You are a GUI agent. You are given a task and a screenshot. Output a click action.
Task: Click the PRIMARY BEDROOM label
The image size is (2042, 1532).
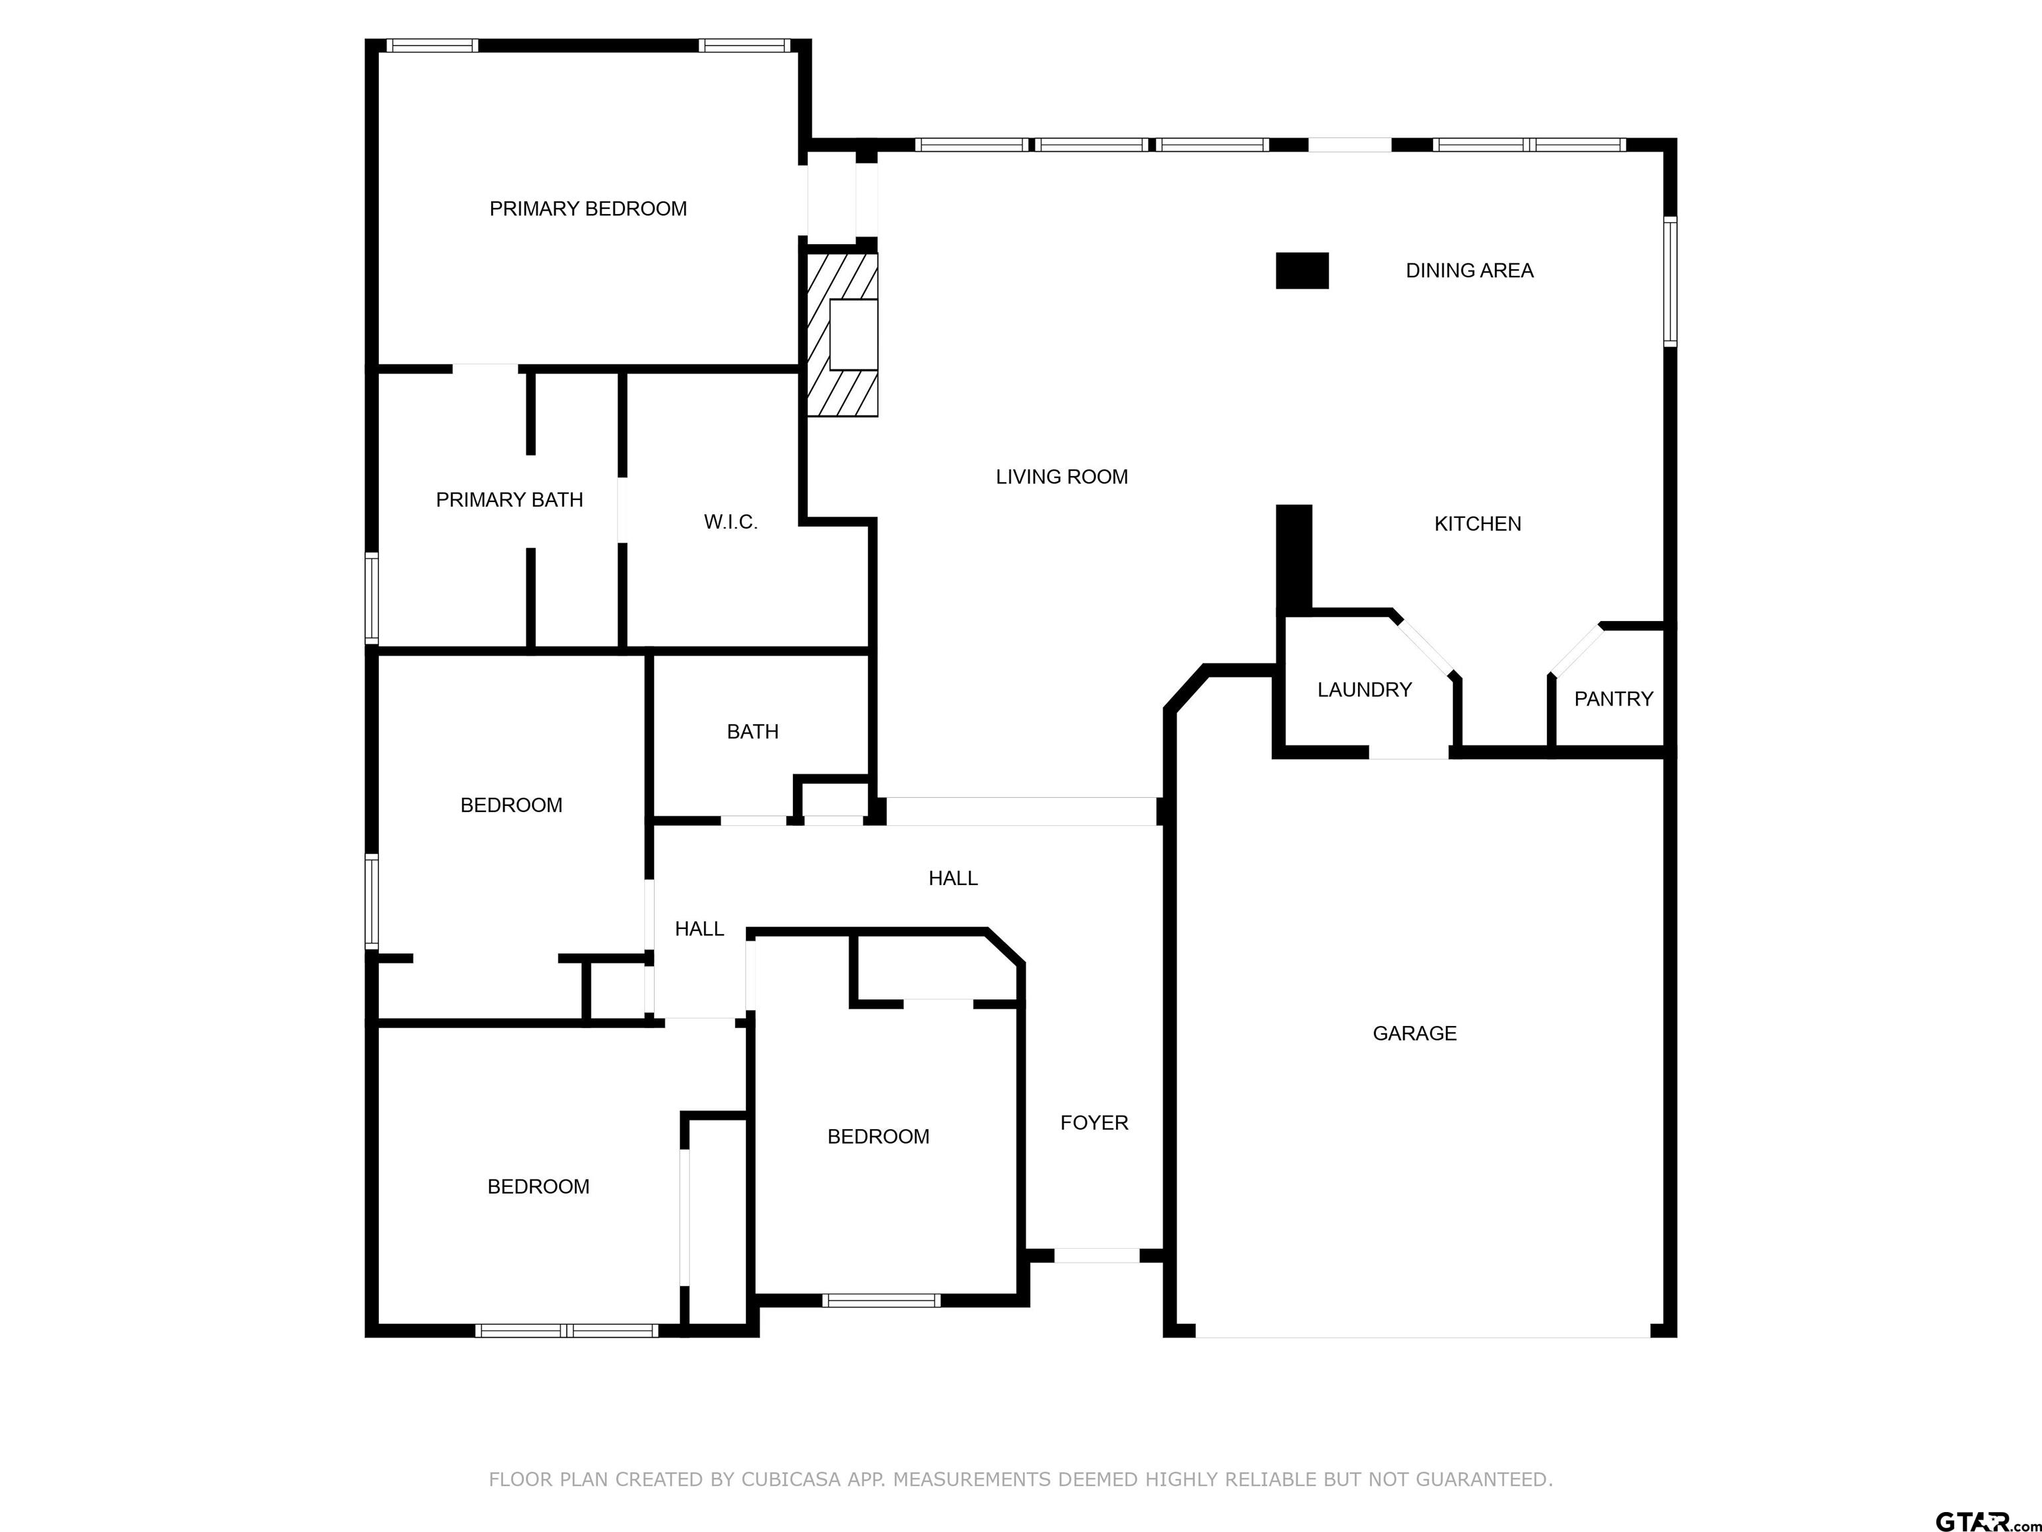[588, 209]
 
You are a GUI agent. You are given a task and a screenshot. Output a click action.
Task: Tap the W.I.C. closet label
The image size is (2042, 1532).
[731, 522]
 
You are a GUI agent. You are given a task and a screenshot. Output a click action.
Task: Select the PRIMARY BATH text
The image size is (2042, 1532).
[510, 499]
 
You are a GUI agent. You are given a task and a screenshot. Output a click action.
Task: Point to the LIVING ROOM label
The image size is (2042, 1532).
[1062, 477]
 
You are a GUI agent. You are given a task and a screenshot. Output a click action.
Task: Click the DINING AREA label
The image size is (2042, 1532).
[1470, 271]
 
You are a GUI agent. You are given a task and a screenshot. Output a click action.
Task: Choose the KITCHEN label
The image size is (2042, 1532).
[1477, 523]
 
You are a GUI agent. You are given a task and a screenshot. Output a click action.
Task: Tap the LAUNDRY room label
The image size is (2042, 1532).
[1365, 690]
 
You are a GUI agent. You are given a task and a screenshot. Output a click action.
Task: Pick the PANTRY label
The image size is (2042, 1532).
[1614, 699]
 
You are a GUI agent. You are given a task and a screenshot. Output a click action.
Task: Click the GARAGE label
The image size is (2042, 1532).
[1415, 1033]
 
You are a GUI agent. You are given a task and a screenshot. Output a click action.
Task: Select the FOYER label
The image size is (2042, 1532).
[1094, 1123]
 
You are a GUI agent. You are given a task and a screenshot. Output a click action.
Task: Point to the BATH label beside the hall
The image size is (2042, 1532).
[752, 731]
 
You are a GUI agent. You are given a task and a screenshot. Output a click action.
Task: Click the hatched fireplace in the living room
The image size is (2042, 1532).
[842, 334]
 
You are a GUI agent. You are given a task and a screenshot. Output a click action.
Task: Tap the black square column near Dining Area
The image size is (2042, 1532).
[1302, 271]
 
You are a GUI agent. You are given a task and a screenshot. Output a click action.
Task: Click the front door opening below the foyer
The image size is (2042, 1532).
[1097, 1255]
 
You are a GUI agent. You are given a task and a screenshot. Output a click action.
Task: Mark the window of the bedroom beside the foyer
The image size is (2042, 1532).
[881, 1300]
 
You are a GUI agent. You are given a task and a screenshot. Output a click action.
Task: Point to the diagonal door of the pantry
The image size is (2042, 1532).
[1577, 650]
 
